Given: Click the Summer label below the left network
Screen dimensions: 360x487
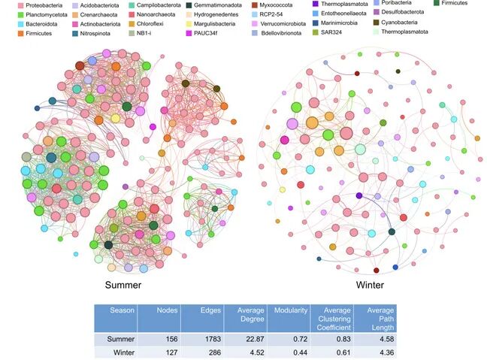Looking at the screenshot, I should (124, 286).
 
